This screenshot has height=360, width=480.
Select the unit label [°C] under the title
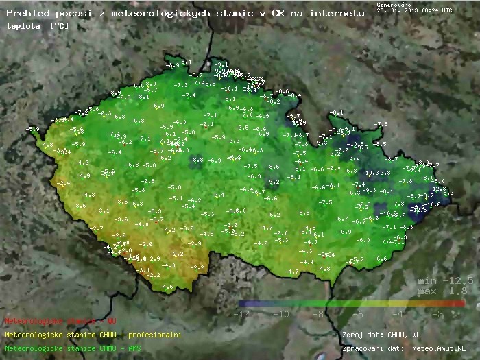pyautogui.click(x=59, y=25)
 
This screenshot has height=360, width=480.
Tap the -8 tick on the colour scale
pyautogui.click(x=318, y=314)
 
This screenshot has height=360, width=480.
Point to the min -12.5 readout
pyautogui.click(x=446, y=281)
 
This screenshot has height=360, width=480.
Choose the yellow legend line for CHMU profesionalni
pyautogui.click(x=93, y=335)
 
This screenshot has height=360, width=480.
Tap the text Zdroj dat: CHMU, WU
pyautogui.click(x=381, y=335)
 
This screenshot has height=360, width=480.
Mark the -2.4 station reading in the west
pyautogui.click(x=64, y=184)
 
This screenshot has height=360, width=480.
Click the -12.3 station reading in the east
pyautogui.click(x=437, y=189)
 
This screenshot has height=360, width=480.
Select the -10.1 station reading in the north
pyautogui.click(x=230, y=88)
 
